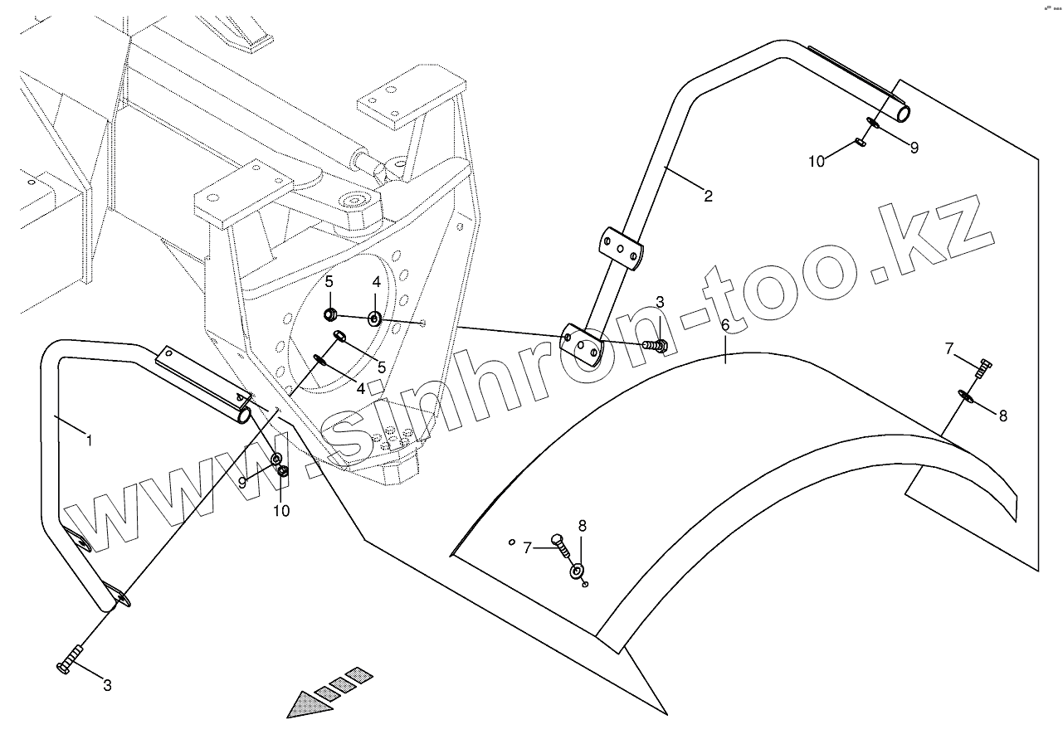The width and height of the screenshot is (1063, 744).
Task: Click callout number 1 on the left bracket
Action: click(89, 440)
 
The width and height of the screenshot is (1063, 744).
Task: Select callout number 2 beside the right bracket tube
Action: click(707, 197)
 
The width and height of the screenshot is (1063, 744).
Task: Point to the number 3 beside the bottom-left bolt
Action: click(107, 685)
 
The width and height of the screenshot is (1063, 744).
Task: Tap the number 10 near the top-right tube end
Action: click(817, 161)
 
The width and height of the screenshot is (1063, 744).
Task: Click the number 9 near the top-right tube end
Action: click(914, 148)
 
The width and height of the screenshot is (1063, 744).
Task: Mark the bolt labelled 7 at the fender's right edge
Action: click(982, 368)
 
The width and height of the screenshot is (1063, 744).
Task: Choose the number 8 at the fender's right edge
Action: click(1002, 416)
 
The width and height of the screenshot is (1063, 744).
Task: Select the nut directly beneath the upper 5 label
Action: click(329, 314)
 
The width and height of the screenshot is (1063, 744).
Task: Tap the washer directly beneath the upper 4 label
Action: click(375, 318)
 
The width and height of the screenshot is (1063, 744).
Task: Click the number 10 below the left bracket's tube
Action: click(281, 511)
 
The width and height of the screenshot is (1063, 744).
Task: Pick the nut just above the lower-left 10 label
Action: click(283, 472)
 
